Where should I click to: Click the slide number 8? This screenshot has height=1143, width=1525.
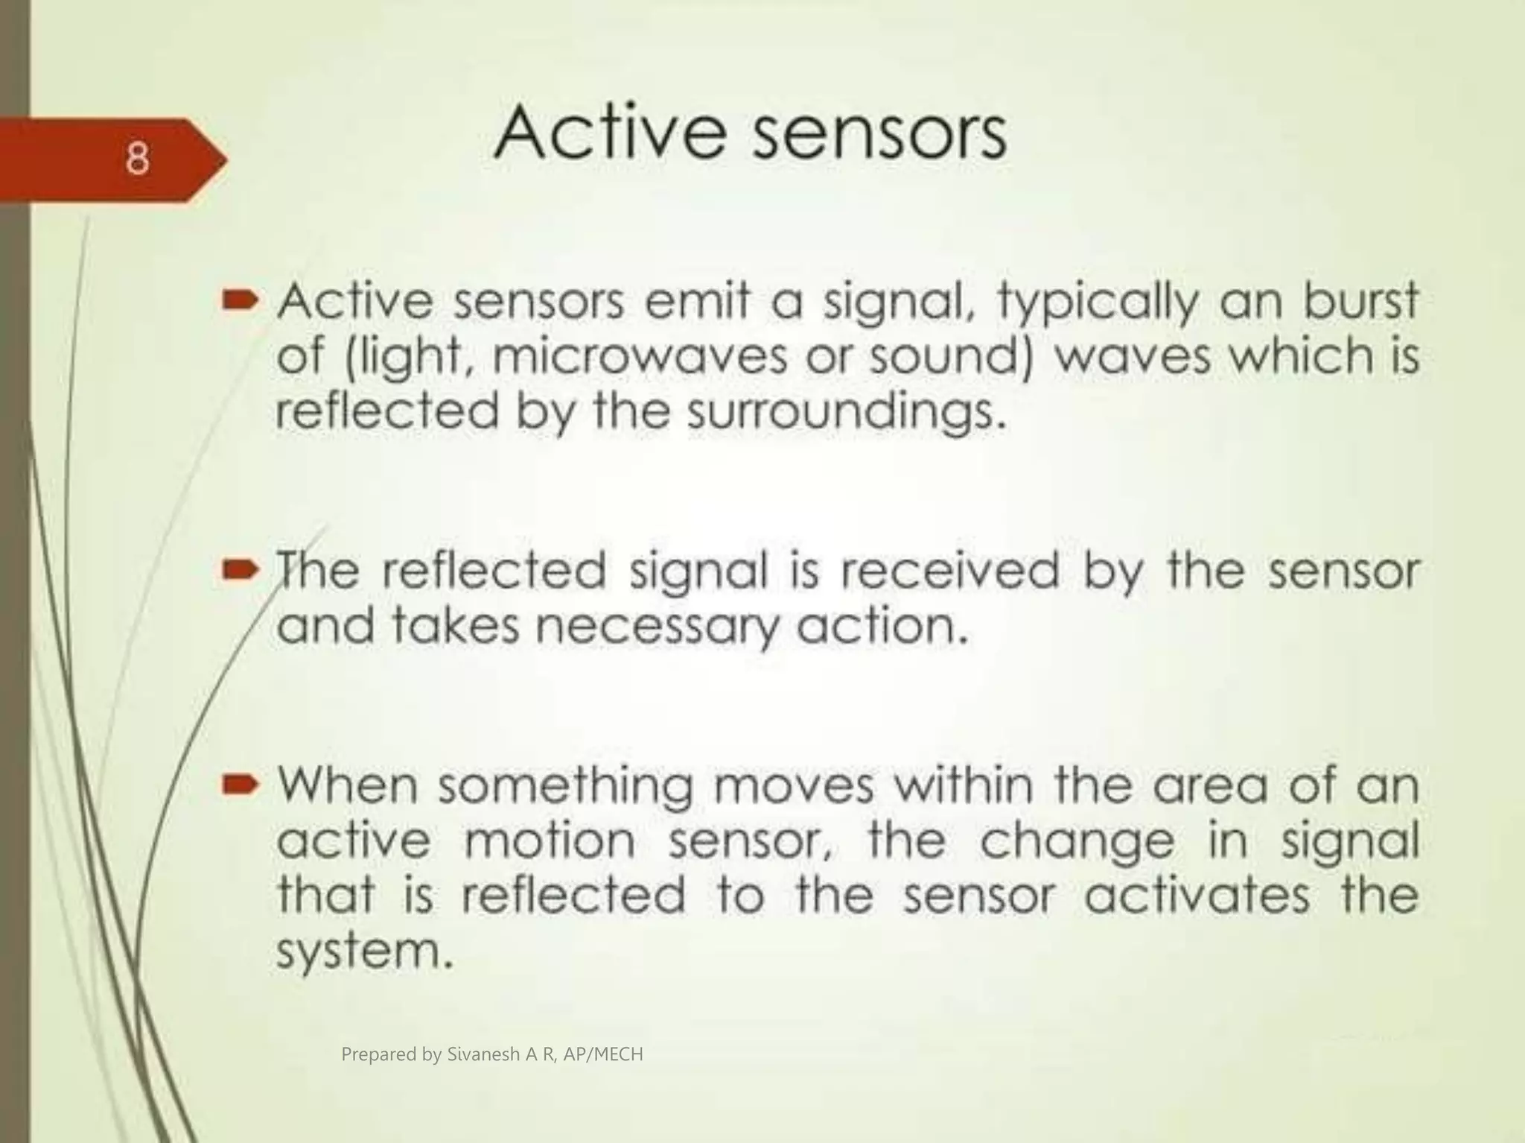137,159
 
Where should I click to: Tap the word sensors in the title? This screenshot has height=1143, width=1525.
879,135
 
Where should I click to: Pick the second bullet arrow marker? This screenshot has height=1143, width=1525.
240,571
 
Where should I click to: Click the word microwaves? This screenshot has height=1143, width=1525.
639,356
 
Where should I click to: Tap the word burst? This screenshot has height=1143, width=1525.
1360,302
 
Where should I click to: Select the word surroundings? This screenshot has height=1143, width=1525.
845,412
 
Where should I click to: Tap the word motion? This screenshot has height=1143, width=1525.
550,840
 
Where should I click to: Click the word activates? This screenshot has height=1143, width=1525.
1196,895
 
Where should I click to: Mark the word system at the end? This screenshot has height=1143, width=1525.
363,952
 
